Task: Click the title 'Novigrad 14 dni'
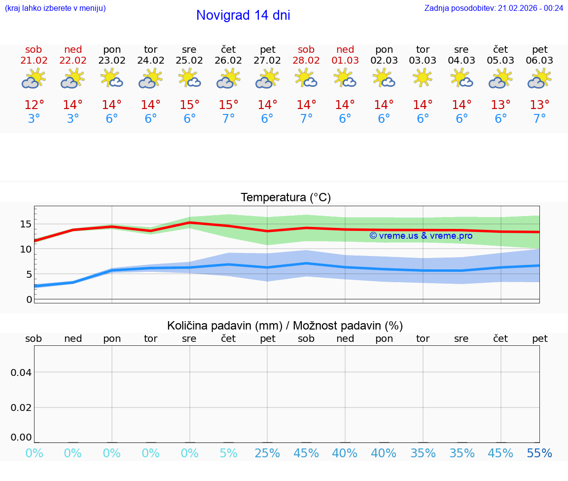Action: pos(243,15)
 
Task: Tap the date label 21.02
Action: pos(34,61)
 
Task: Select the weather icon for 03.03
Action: pos(423,78)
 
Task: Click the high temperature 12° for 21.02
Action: pos(34,105)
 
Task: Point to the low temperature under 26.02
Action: pos(228,119)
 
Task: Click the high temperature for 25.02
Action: pos(189,105)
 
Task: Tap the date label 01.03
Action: pos(345,61)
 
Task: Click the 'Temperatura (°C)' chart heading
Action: pos(285,198)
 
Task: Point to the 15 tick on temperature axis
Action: pos(26,224)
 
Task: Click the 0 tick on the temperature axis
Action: pos(29,299)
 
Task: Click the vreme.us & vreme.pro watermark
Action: pos(421,236)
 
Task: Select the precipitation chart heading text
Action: pos(285,326)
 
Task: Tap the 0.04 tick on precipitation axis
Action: pos(21,372)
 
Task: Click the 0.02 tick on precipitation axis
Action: pos(21,407)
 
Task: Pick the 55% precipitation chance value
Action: pos(539,453)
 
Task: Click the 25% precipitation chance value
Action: pos(267,453)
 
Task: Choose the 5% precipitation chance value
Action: pos(228,453)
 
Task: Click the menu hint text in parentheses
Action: pos(55,8)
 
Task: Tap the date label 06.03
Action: pos(540,61)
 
